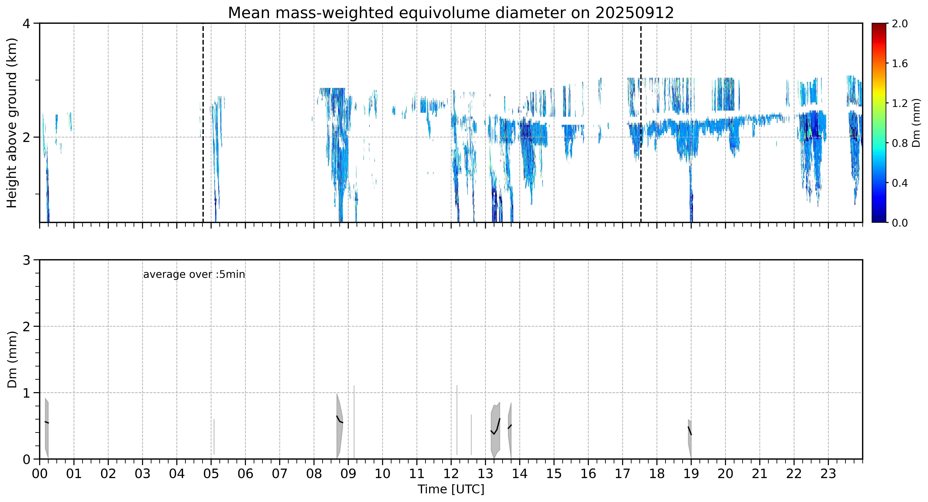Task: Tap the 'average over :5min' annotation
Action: pyautogui.click(x=194, y=275)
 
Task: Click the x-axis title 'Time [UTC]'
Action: pyautogui.click(x=451, y=489)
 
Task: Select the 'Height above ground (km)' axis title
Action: pyautogui.click(x=12, y=123)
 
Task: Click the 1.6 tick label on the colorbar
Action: pyautogui.click(x=900, y=64)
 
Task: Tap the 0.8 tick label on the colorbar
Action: pyautogui.click(x=900, y=143)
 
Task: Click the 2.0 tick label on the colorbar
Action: pyautogui.click(x=900, y=24)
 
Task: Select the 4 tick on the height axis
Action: pyautogui.click(x=26, y=24)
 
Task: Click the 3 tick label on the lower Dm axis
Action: pyautogui.click(x=26, y=260)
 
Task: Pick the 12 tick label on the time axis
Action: pyautogui.click(x=451, y=474)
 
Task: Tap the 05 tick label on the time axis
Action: pyautogui.click(x=211, y=474)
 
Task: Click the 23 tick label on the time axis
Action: pyautogui.click(x=828, y=474)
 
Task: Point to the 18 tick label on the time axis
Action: pyautogui.click(x=657, y=474)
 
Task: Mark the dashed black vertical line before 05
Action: pyautogui.click(x=203, y=123)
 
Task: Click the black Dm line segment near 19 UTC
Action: pyautogui.click(x=689, y=431)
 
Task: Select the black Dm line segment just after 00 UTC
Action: pyautogui.click(x=47, y=422)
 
